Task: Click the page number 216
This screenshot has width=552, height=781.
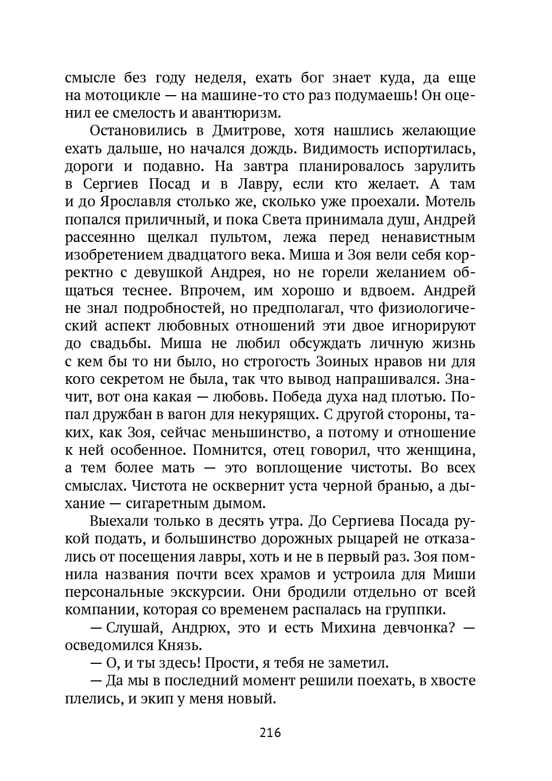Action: coord(270,733)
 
